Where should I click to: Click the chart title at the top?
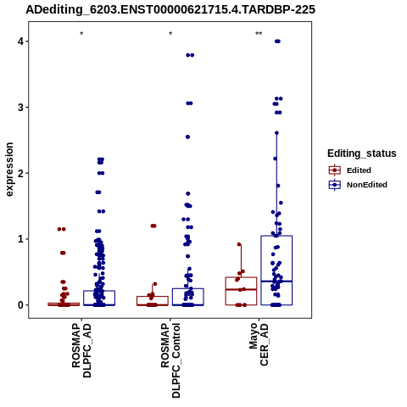[x=170, y=10]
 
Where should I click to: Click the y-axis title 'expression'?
[x=9, y=170]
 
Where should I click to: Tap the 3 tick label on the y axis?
[x=21, y=107]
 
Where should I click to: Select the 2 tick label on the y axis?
[x=21, y=173]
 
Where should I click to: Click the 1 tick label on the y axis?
[x=21, y=239]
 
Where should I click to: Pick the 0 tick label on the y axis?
[x=21, y=305]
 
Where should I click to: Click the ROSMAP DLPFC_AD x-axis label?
[x=81, y=350]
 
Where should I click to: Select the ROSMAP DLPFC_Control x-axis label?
[x=170, y=360]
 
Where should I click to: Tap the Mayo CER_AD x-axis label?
[x=259, y=344]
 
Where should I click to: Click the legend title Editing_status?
[x=362, y=153]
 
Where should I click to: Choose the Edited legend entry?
[x=350, y=170]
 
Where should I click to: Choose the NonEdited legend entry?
[x=358, y=185]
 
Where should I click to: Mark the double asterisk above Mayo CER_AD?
[x=259, y=34]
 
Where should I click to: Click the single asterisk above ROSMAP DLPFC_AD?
[x=81, y=34]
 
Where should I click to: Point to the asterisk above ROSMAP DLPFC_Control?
[x=170, y=34]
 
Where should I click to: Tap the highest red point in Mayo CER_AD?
[x=239, y=244]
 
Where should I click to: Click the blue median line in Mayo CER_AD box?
[x=276, y=282]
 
